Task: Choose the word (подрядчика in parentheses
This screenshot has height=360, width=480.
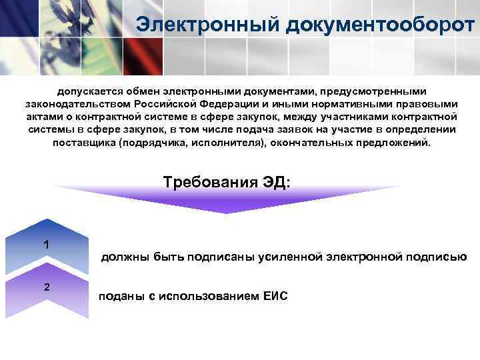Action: (148, 143)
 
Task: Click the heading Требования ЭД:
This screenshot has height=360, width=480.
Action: (227, 183)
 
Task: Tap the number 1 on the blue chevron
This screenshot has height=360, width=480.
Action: (45, 245)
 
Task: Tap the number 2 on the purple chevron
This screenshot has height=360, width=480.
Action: (45, 287)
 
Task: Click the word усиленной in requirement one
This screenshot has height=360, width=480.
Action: (288, 256)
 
